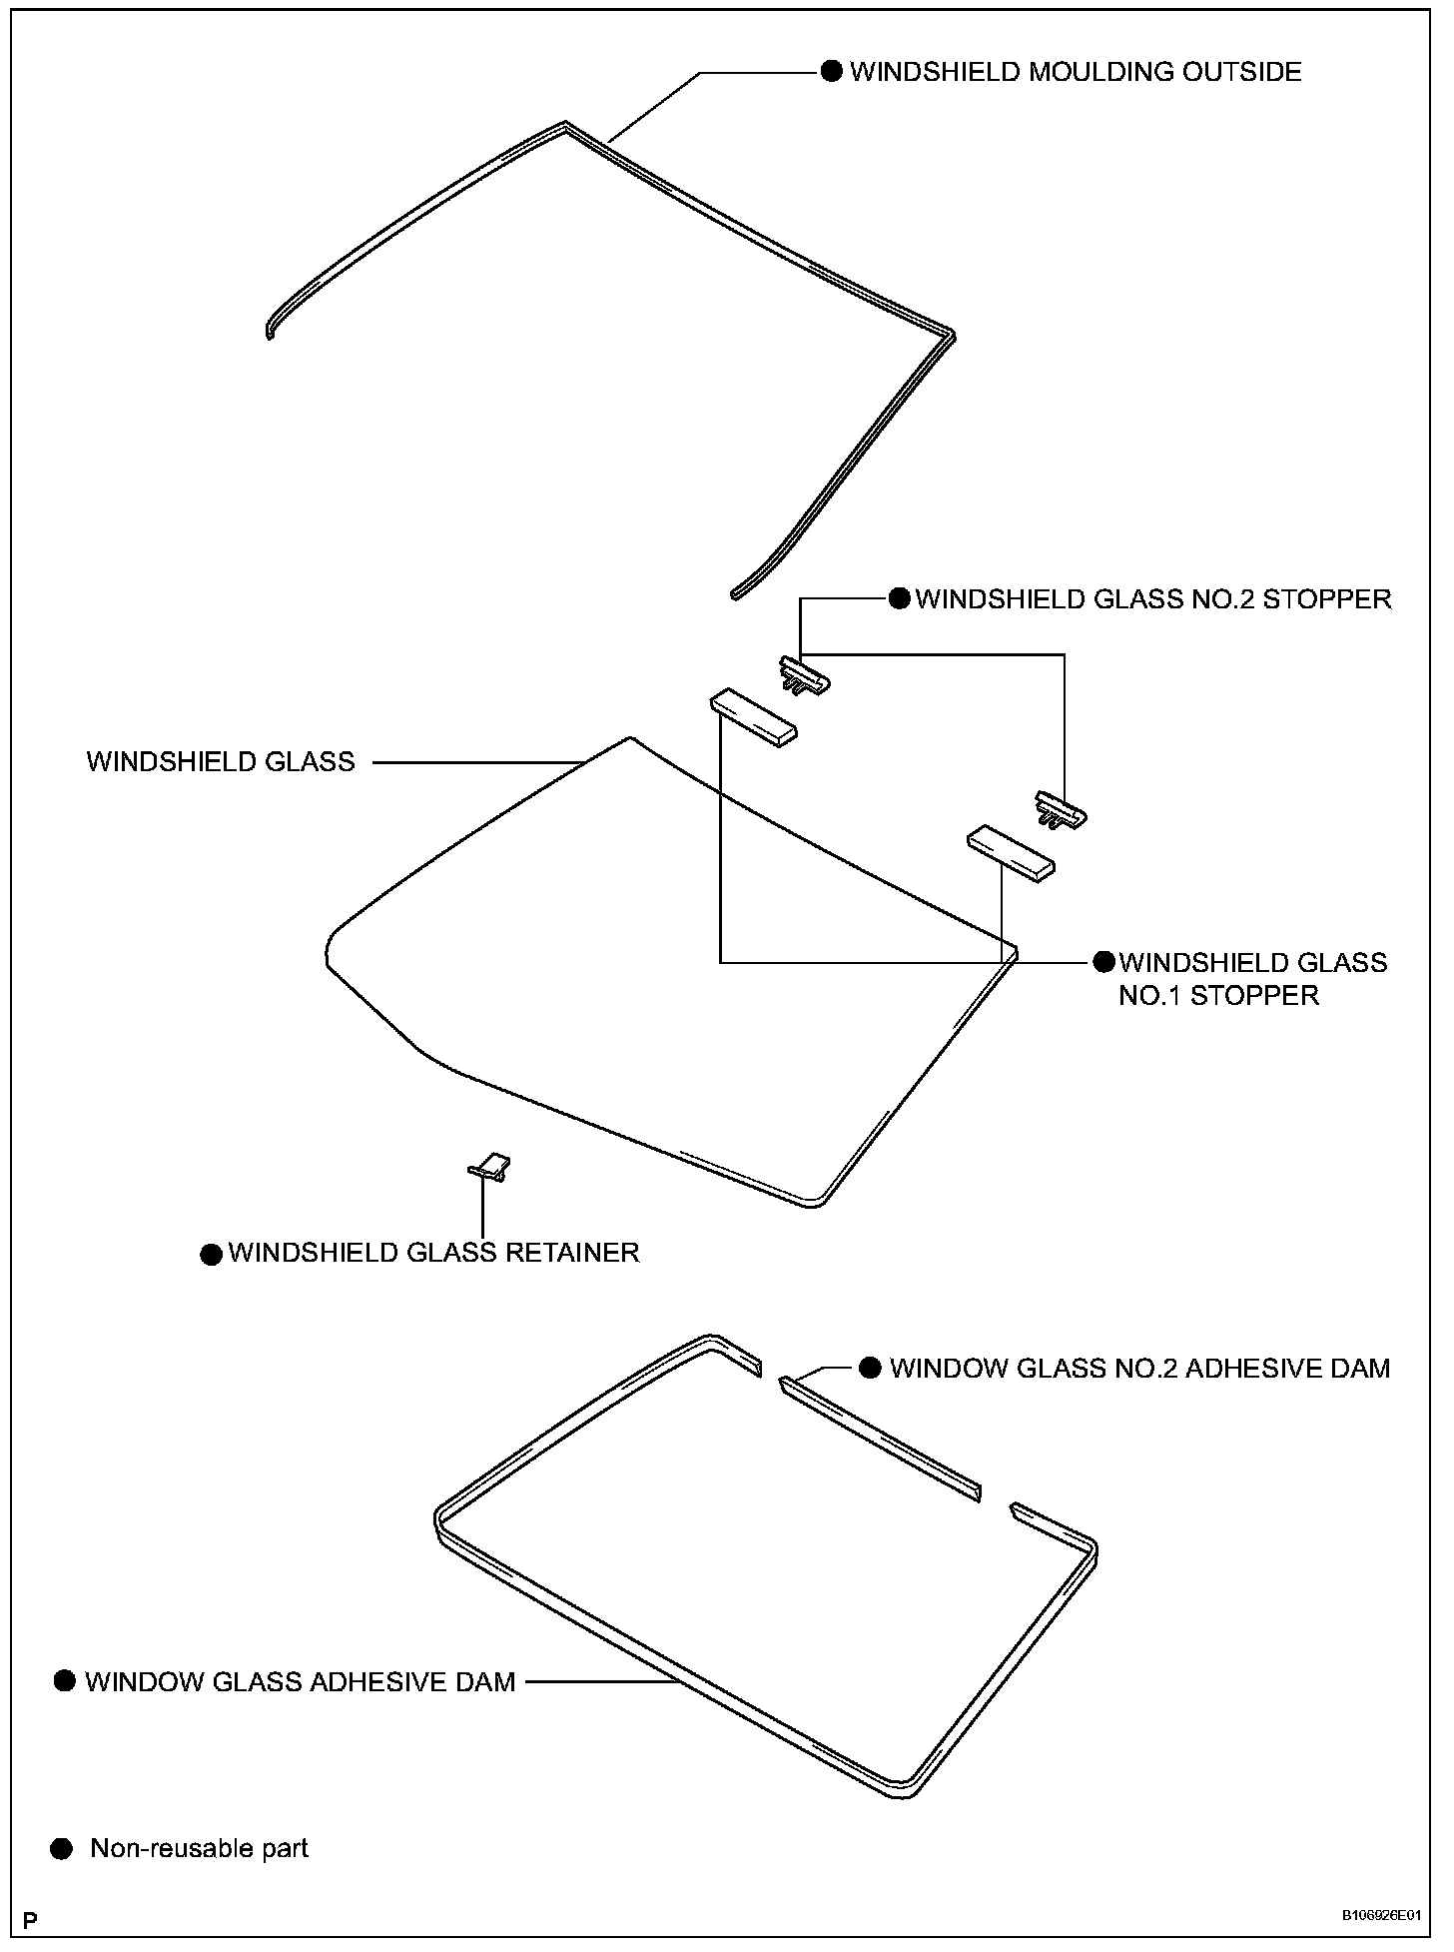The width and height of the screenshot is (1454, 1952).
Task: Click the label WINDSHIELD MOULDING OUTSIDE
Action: point(1075,72)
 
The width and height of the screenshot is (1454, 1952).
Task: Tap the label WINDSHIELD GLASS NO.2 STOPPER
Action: point(1152,599)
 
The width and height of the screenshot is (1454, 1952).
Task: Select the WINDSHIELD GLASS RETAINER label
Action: point(433,1253)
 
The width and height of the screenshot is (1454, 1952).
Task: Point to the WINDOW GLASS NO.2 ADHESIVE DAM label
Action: point(1139,1368)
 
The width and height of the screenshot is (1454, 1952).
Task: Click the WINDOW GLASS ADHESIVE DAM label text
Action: point(300,1681)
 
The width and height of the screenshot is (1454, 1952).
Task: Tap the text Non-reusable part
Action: point(199,1848)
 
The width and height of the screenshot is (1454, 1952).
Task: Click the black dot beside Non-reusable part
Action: point(62,1848)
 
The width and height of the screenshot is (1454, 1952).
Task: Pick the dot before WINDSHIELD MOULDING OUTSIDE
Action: point(831,71)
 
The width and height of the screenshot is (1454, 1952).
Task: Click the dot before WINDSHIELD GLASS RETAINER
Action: point(211,1254)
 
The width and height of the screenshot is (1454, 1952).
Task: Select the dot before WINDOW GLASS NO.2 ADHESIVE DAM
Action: point(871,1368)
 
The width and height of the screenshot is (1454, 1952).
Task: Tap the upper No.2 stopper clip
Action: point(804,674)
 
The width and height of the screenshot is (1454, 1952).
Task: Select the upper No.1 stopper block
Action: point(754,717)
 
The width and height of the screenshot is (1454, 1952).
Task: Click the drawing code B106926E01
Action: point(1380,1915)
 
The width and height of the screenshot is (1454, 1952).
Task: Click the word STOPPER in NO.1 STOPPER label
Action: point(1254,995)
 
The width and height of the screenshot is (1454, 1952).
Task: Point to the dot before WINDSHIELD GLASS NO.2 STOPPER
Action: point(899,598)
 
